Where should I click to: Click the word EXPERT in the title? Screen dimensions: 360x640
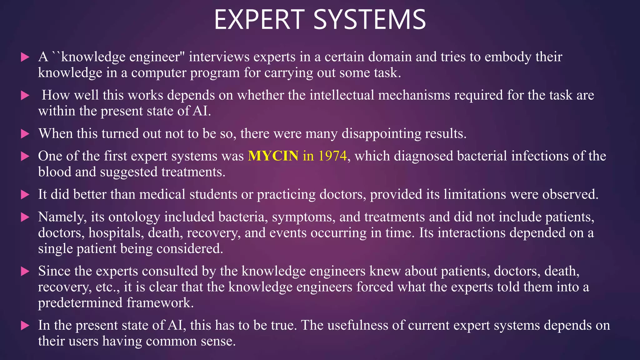259,20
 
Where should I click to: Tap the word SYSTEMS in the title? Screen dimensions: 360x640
369,20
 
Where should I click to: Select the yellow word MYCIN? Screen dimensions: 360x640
273,156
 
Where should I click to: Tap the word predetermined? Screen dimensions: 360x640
80,303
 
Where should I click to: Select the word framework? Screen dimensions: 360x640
160,303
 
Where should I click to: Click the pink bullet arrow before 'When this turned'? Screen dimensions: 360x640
25,134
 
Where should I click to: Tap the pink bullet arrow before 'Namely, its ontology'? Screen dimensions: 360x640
25,217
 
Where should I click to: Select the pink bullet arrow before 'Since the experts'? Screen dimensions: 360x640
25,271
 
